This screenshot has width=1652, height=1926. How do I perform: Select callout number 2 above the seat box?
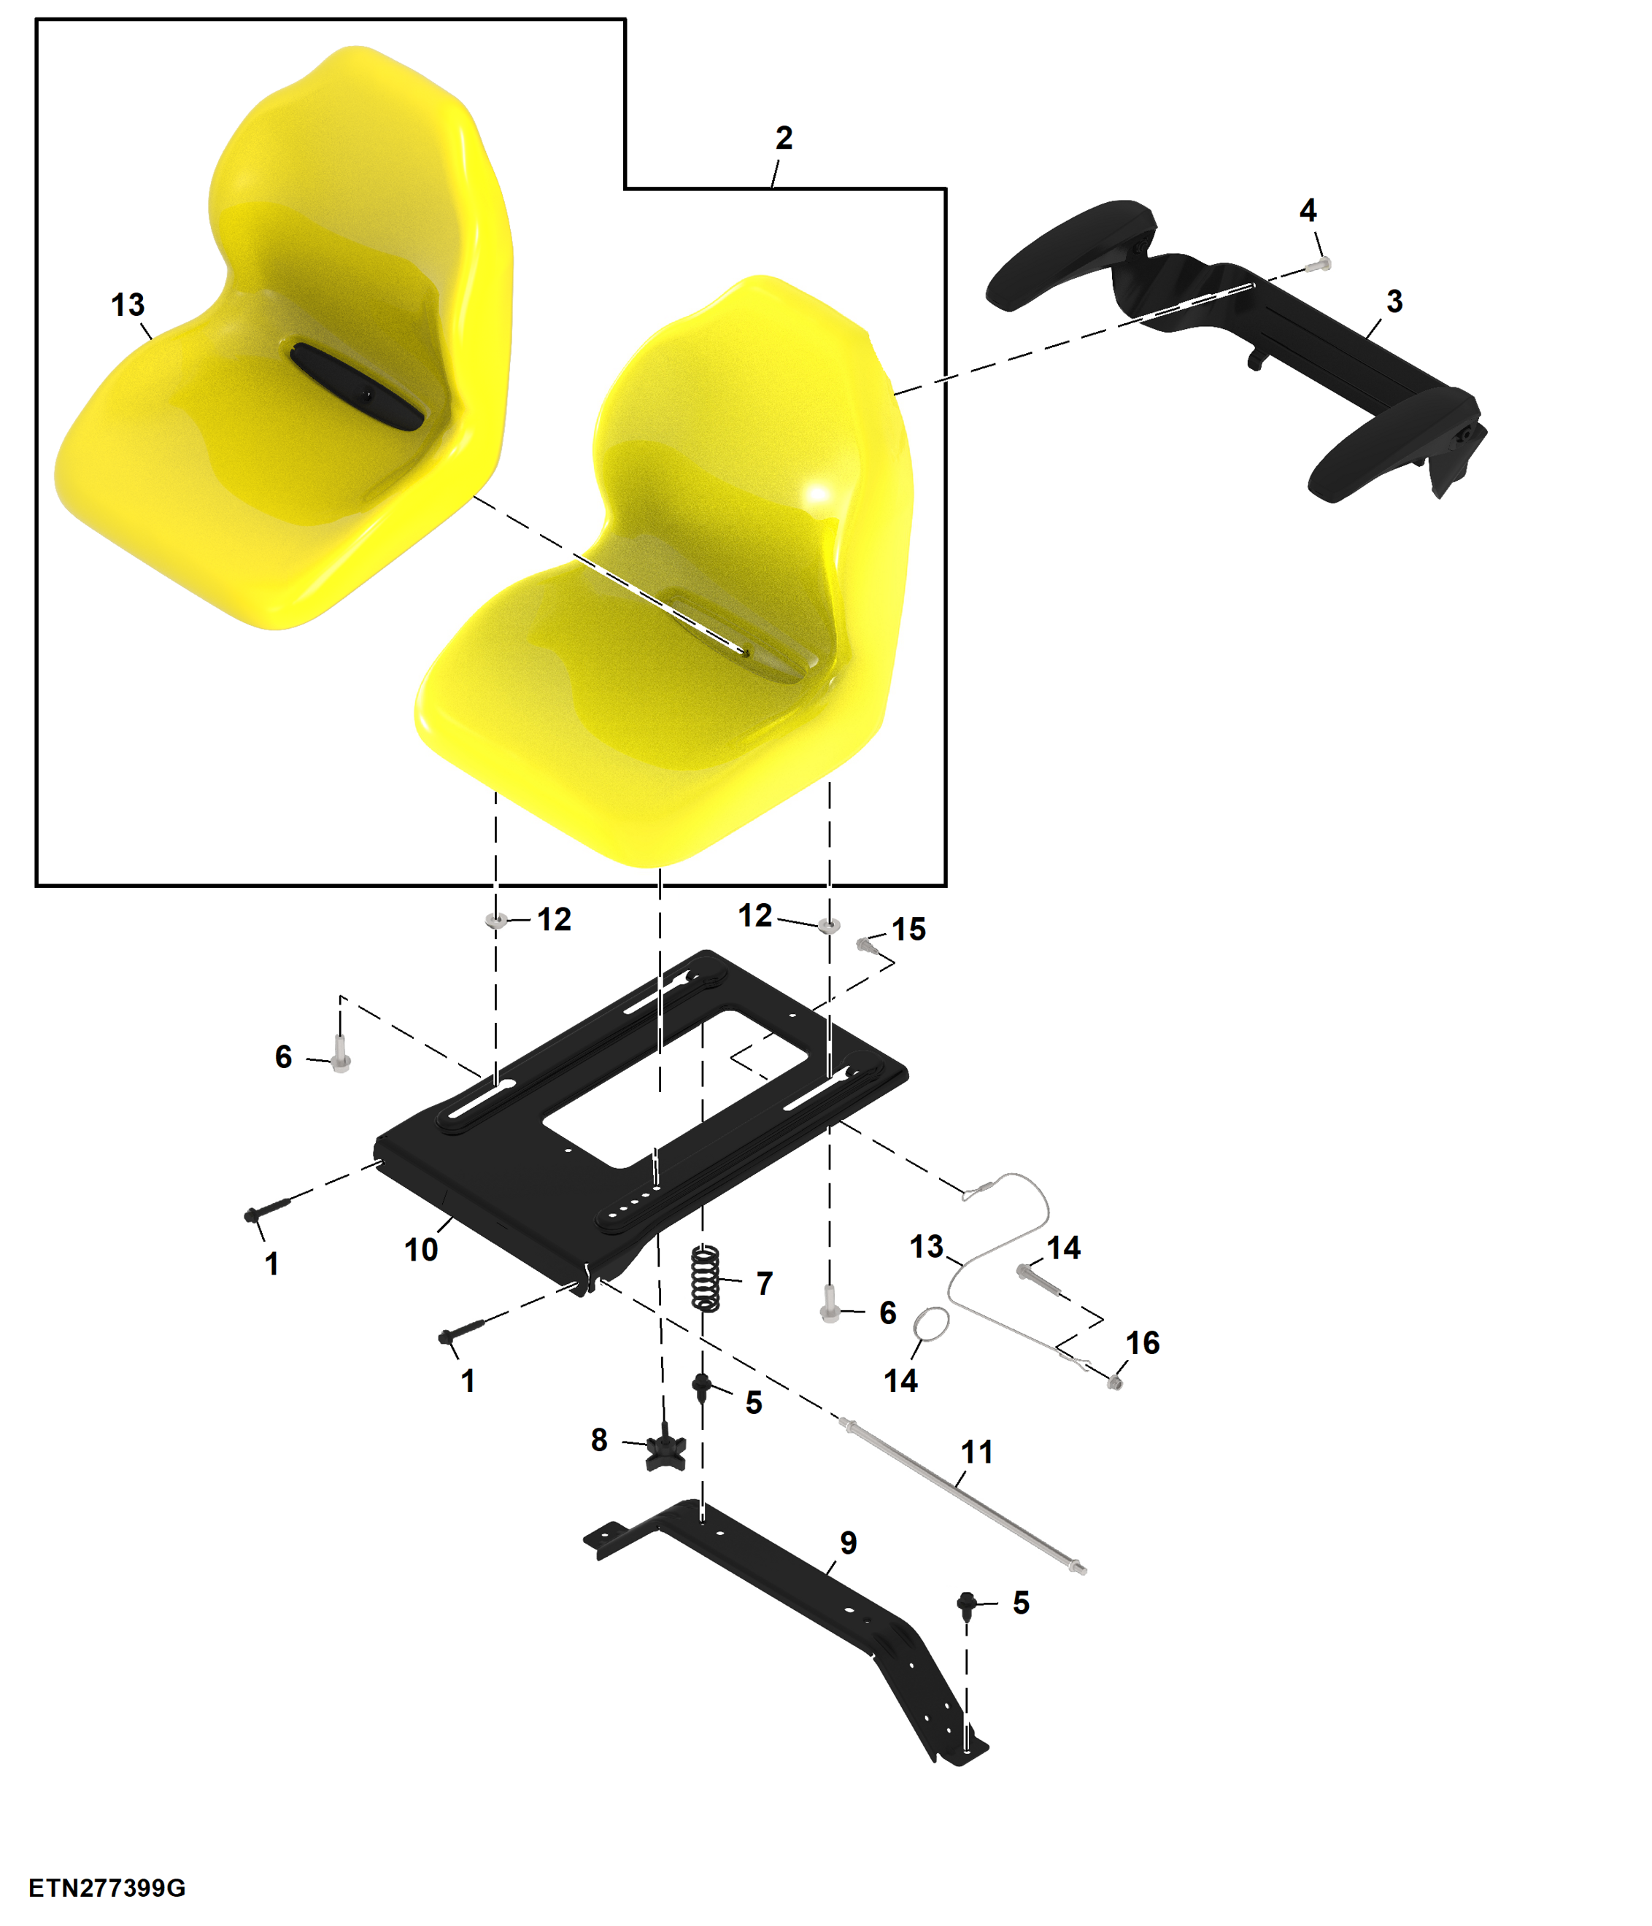[784, 138]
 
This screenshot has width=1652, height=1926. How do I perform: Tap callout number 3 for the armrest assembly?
[1394, 301]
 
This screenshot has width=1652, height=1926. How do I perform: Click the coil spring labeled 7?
[706, 1279]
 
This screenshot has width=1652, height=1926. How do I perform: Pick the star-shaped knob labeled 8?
[666, 1448]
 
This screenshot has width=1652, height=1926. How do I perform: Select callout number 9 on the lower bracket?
[848, 1544]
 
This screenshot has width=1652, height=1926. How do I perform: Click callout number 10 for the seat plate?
[421, 1250]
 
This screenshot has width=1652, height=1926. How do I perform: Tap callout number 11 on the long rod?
[977, 1453]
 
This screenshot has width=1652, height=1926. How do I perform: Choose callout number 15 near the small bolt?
[908, 929]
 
